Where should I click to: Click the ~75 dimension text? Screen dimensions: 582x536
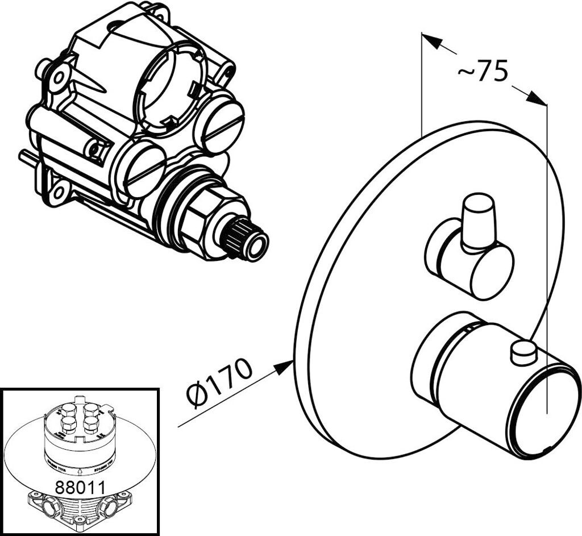click(482, 72)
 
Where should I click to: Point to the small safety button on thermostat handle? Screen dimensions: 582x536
click(523, 352)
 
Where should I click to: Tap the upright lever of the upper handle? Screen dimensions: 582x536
click(477, 222)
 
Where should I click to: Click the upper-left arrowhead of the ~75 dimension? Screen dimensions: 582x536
click(432, 41)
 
